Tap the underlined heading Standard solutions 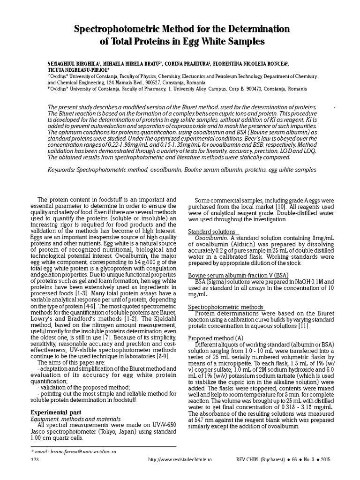coord(211,232)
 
